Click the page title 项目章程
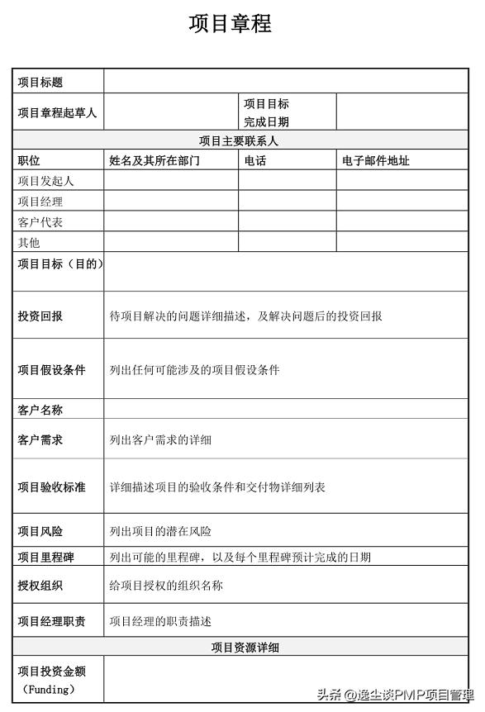pos(230,23)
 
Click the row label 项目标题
pos(40,82)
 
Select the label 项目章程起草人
pos(57,113)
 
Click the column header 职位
pos(29,161)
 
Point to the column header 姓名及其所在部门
pos(154,161)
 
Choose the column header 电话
pos(254,161)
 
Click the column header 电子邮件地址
pos(375,161)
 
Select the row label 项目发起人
pos(45,181)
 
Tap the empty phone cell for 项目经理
pos(287,201)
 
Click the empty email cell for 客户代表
pos(402,221)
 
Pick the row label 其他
pos(29,243)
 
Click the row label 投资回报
pos(40,316)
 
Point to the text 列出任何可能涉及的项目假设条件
pos(194,370)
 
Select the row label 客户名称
pos(40,410)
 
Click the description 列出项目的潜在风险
pos(160,531)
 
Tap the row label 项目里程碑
pos(46,558)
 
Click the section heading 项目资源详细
pos(245,648)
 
